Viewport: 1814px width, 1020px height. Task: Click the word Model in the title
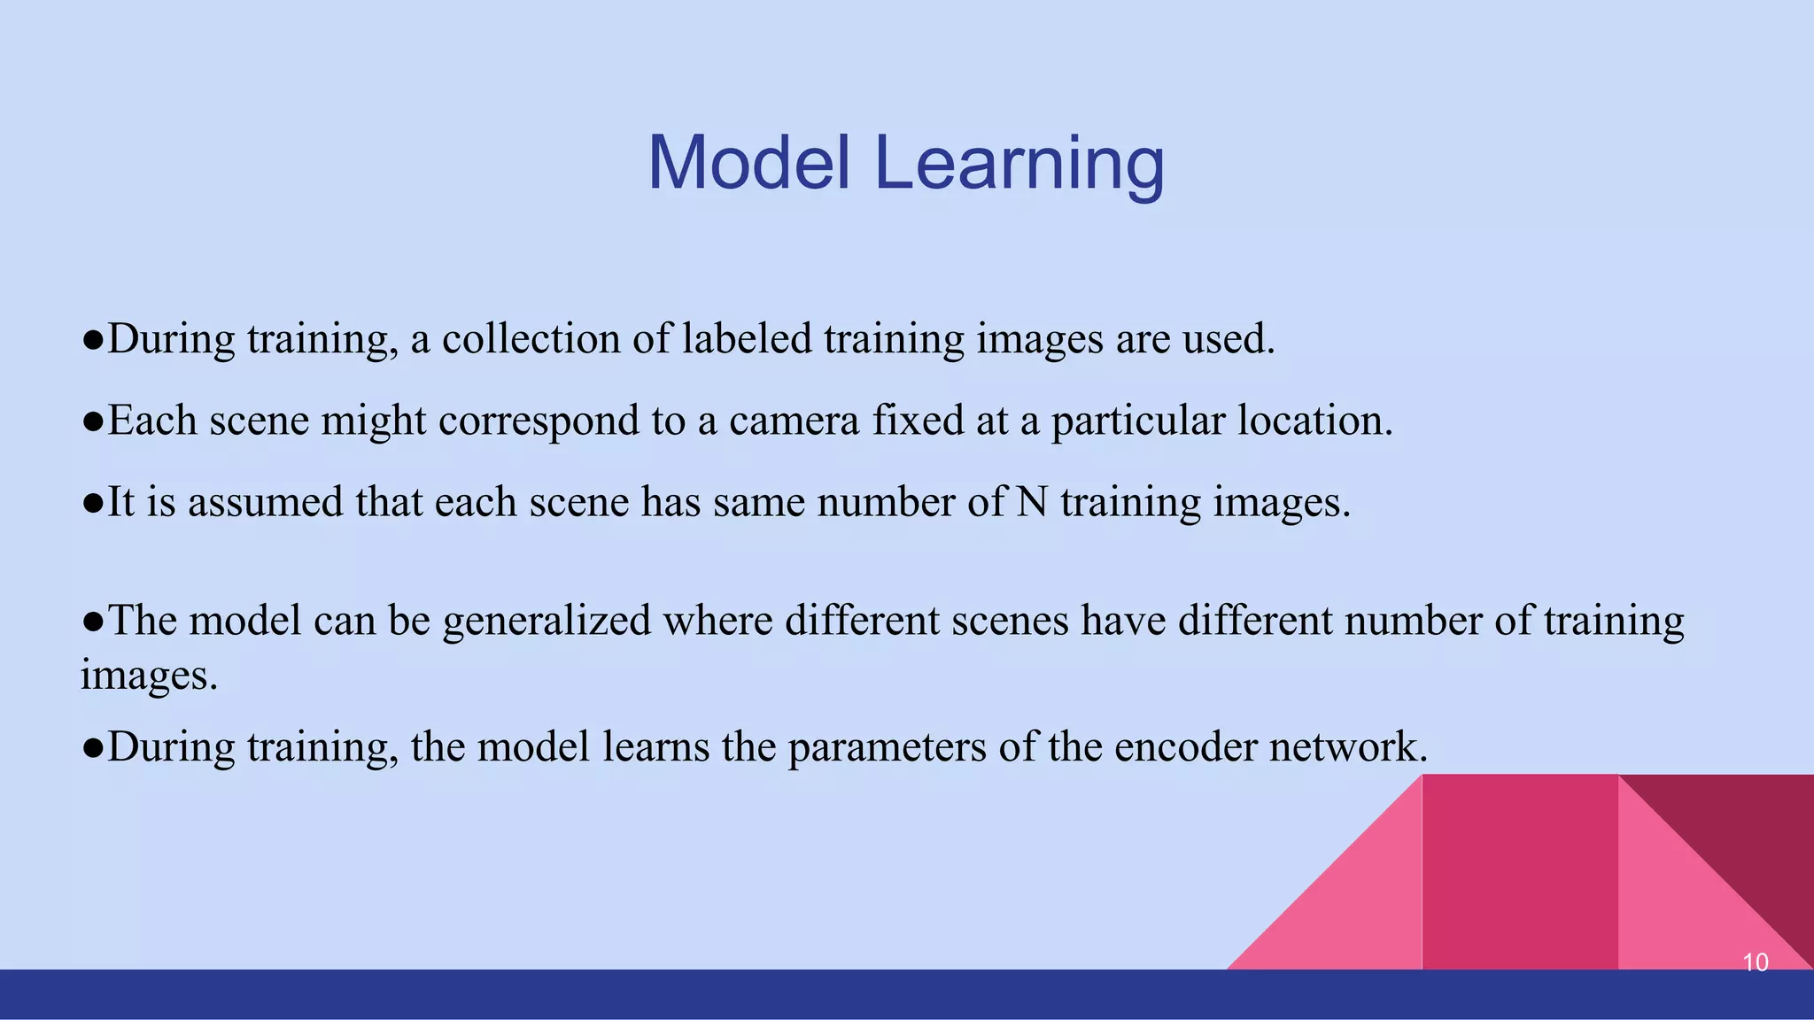pos(749,163)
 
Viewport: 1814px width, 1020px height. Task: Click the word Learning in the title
pos(1019,165)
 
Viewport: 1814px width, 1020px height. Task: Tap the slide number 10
pos(1755,962)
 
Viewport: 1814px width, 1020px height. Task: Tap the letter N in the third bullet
pos(1032,502)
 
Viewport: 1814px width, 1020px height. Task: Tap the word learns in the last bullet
pos(655,746)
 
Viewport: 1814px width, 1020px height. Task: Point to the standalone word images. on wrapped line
pos(149,676)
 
